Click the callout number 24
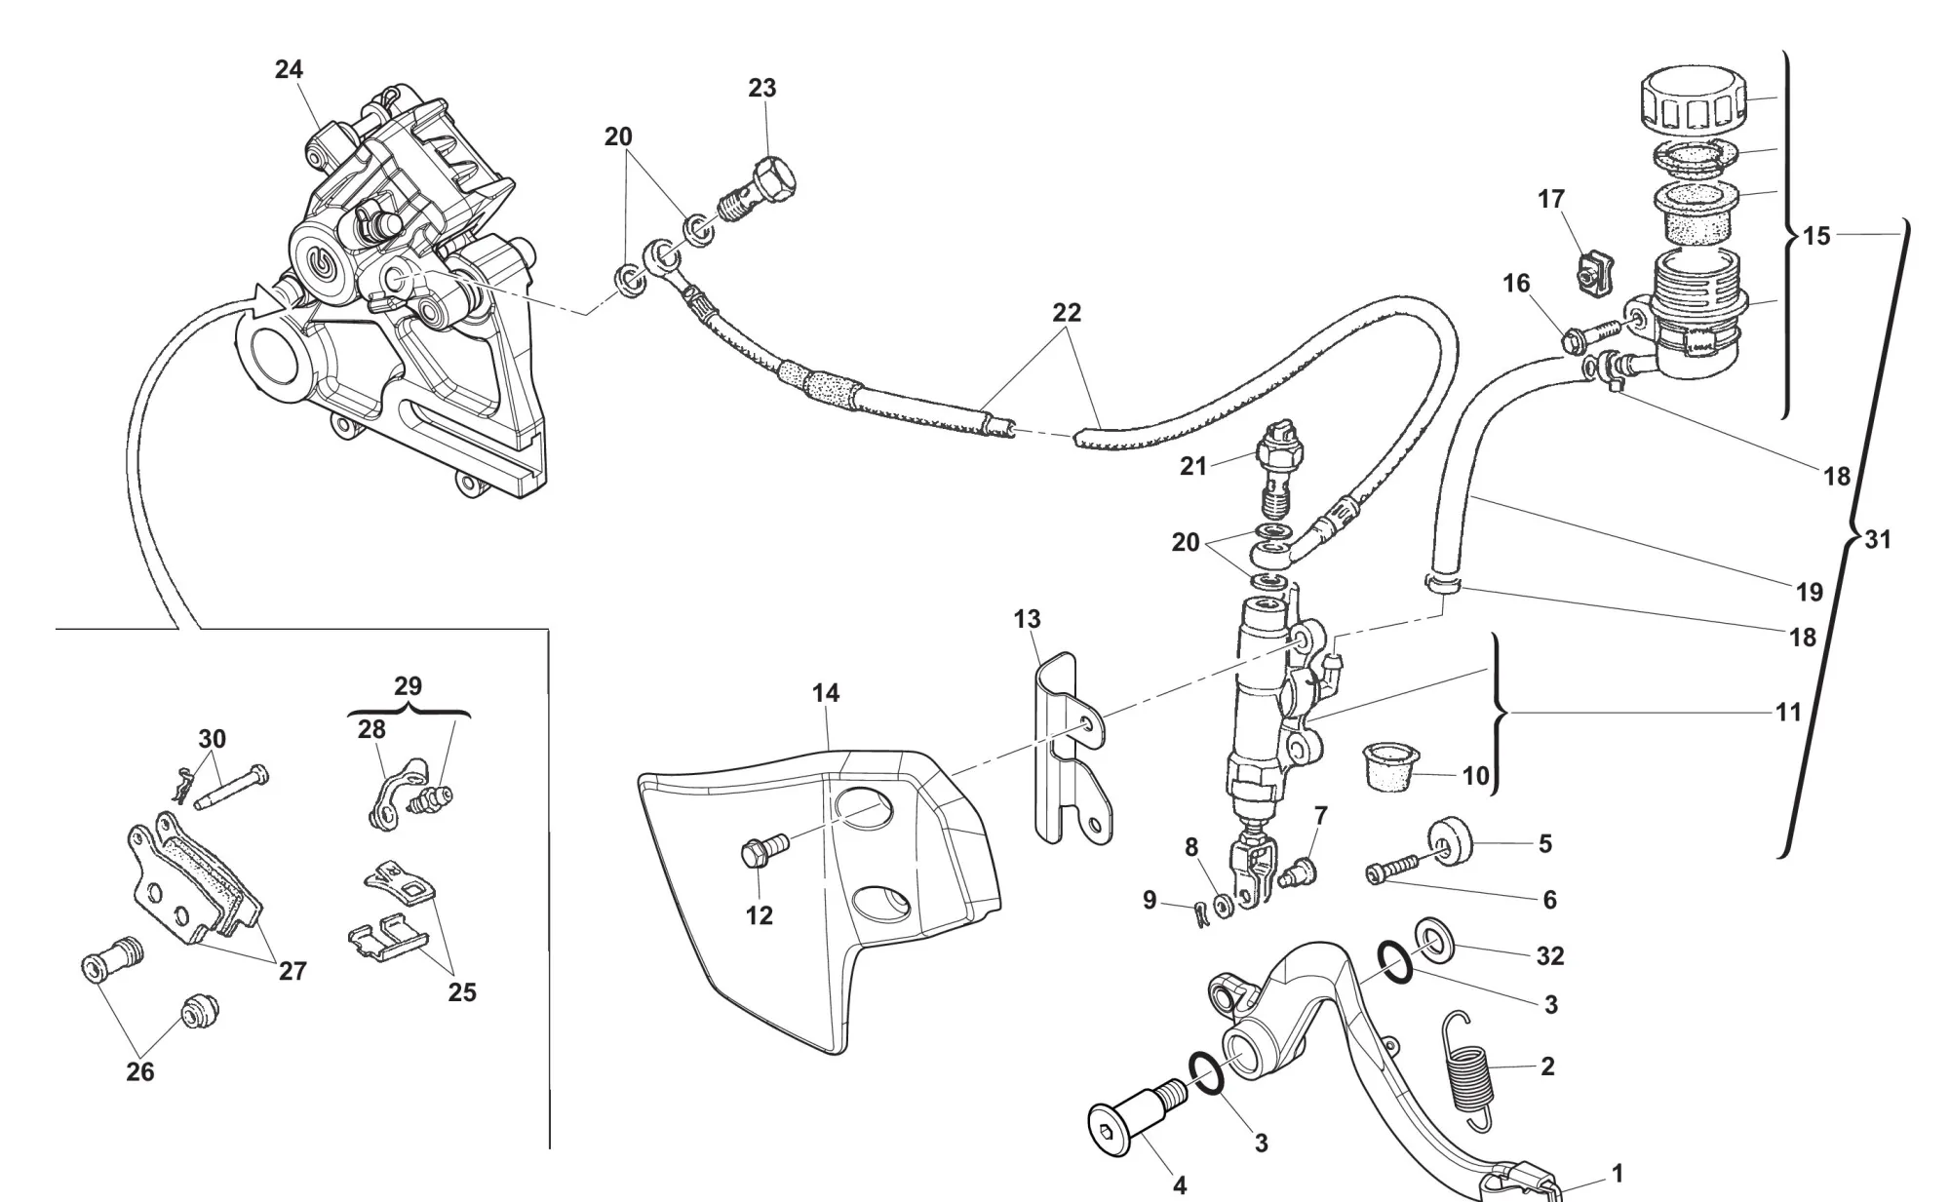click(x=289, y=69)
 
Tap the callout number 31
click(x=1877, y=539)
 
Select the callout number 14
click(x=825, y=693)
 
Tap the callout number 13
click(x=1027, y=619)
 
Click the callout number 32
click(x=1549, y=956)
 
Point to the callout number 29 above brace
click(x=408, y=685)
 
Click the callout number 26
click(x=140, y=1072)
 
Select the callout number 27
click(x=292, y=971)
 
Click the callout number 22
click(x=1067, y=313)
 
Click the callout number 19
click(x=1809, y=592)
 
